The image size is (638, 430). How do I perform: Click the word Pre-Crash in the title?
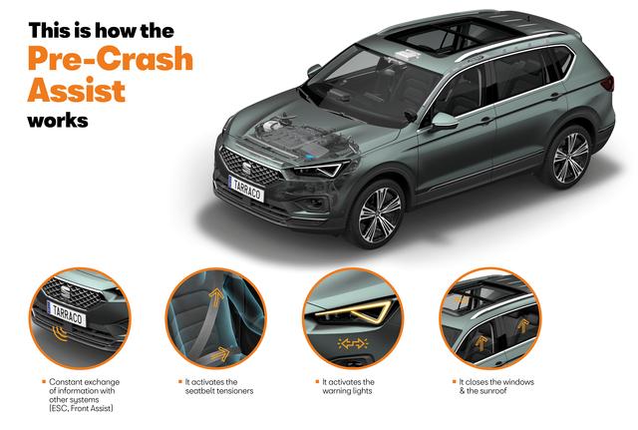click(111, 58)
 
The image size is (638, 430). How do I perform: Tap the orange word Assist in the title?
click(77, 90)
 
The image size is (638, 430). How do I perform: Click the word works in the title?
click(58, 121)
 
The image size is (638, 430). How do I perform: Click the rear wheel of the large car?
click(570, 158)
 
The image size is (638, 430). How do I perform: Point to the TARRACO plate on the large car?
click(246, 189)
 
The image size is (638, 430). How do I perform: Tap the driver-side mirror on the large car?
click(445, 121)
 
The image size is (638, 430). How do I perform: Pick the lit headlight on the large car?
click(320, 170)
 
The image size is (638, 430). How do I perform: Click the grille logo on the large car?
click(246, 168)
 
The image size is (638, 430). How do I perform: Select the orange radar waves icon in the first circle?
click(61, 333)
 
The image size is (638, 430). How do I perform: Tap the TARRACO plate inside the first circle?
click(67, 312)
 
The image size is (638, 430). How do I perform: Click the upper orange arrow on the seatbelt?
click(216, 297)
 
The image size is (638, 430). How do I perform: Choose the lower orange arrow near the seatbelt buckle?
click(220, 354)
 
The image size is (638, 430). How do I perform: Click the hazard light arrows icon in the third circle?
click(353, 343)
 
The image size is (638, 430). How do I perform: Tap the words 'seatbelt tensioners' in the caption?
click(219, 391)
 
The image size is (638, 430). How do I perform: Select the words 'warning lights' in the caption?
click(347, 391)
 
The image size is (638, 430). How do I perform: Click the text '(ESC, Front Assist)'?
click(81, 408)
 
